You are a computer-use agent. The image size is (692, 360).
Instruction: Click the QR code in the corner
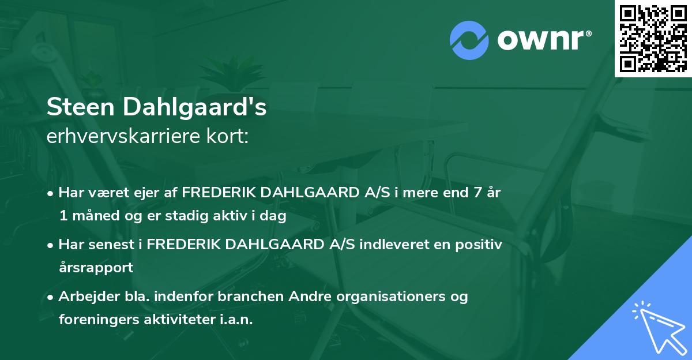653,38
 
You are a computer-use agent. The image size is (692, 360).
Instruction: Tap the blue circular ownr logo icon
469,40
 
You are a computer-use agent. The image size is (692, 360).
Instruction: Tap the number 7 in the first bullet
476,193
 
